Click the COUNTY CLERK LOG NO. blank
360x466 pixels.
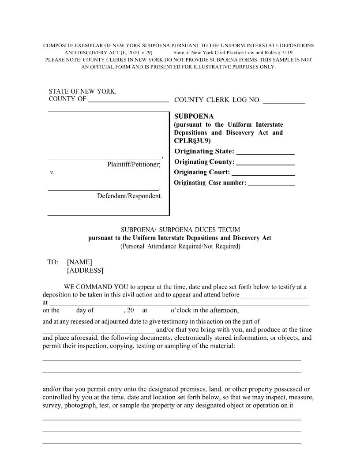[283, 102]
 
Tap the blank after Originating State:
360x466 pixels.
[266, 153]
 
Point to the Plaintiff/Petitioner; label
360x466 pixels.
[134, 165]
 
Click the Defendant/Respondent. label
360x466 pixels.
[130, 195]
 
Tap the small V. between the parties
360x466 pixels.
[52, 173]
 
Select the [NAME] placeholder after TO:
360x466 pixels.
[79, 262]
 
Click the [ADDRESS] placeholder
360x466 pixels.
[85, 271]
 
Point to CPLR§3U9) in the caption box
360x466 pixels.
[192, 141]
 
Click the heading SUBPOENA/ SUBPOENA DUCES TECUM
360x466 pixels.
[180, 230]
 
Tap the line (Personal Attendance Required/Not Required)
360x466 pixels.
[180, 246]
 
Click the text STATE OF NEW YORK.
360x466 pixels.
[82, 91]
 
